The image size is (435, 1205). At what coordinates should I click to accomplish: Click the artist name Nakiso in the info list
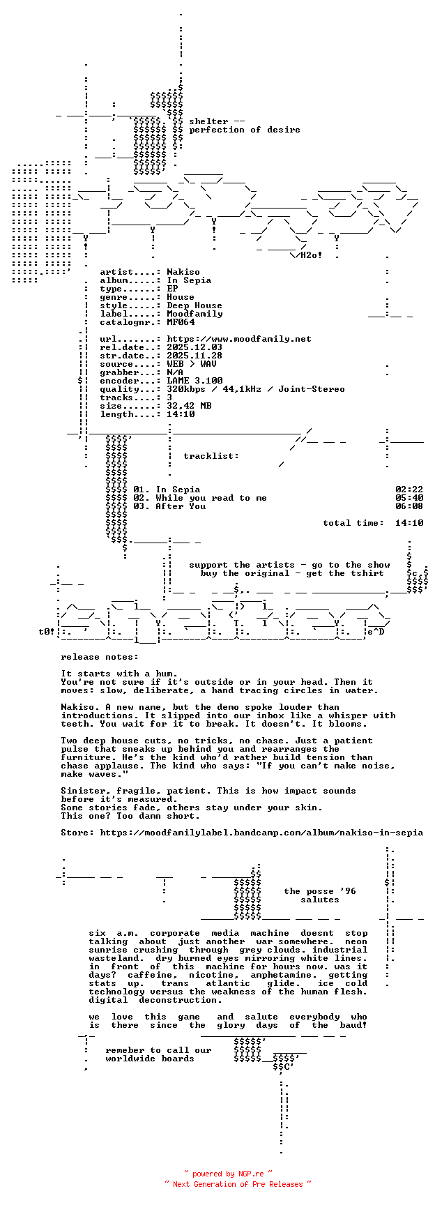(183, 272)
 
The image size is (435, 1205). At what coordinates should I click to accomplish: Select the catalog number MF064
(181, 322)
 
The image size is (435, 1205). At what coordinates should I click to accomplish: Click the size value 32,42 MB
(189, 406)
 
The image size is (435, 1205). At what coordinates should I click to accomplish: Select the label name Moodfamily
(194, 314)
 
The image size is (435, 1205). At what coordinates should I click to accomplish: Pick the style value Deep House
(194, 305)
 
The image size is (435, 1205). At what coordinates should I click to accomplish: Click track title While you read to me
(211, 498)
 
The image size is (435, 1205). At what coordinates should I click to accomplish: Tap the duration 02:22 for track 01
(409, 490)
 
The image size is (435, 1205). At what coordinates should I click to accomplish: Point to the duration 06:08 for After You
(409, 506)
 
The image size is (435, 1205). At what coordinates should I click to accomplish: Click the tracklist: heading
(211, 456)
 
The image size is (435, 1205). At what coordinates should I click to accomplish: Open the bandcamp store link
(261, 833)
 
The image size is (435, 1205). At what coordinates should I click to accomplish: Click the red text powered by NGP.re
(228, 1174)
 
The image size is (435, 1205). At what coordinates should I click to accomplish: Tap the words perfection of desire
(245, 130)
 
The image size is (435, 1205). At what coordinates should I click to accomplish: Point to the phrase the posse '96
(320, 891)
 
